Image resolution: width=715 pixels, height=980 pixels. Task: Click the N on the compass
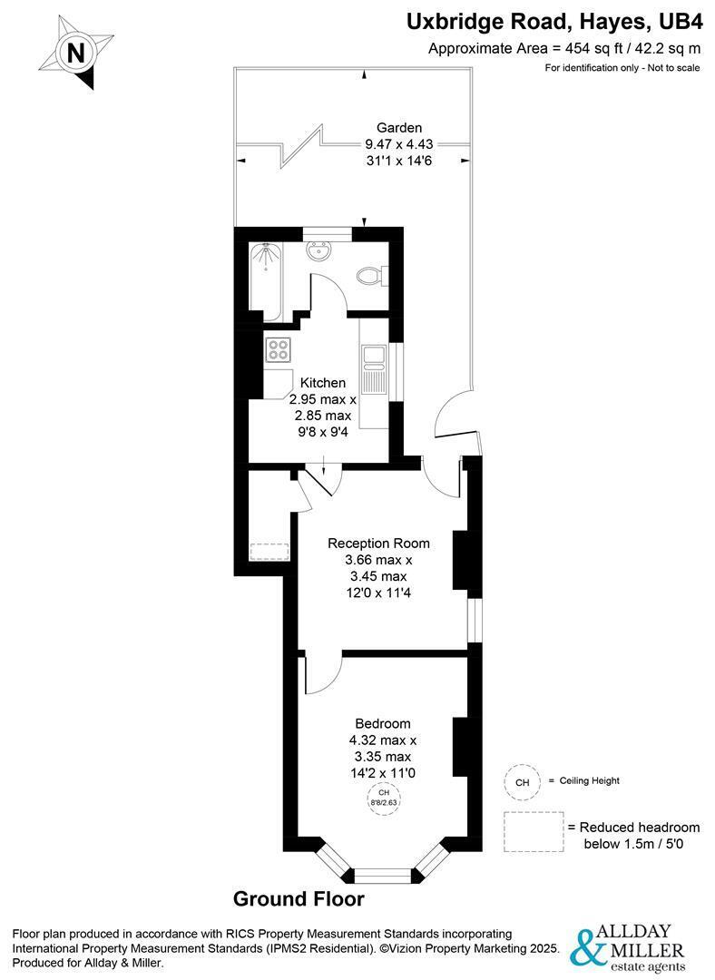coord(75,53)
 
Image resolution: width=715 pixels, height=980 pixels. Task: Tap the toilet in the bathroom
coord(370,275)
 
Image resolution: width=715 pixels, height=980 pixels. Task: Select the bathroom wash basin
coord(318,251)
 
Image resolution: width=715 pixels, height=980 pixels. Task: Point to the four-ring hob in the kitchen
coord(278,349)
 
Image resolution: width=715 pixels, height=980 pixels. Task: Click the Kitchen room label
coord(323,383)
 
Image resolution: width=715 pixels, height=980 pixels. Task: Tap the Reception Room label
coord(378,544)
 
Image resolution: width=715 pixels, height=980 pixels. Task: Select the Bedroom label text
coord(383,724)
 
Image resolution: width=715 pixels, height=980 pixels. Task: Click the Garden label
coord(399,128)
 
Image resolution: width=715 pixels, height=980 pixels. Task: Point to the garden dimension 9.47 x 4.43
coord(399,143)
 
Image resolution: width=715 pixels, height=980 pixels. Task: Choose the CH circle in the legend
coord(522,782)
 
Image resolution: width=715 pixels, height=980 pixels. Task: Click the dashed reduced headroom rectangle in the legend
coord(534,832)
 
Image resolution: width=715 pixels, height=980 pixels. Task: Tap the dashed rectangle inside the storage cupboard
coord(269,552)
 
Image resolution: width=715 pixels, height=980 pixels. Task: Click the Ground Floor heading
coord(299,899)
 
